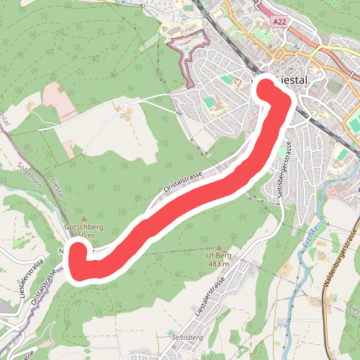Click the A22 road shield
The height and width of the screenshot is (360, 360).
pyautogui.click(x=282, y=22)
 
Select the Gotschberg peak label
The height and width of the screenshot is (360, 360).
pyautogui.click(x=84, y=228)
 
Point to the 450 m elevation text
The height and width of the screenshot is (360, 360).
pyautogui.click(x=85, y=235)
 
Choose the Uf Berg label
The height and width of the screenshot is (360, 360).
pyautogui.click(x=217, y=256)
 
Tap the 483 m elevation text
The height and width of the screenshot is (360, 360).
pyautogui.click(x=218, y=264)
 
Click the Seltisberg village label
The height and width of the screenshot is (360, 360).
pyautogui.click(x=186, y=337)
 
